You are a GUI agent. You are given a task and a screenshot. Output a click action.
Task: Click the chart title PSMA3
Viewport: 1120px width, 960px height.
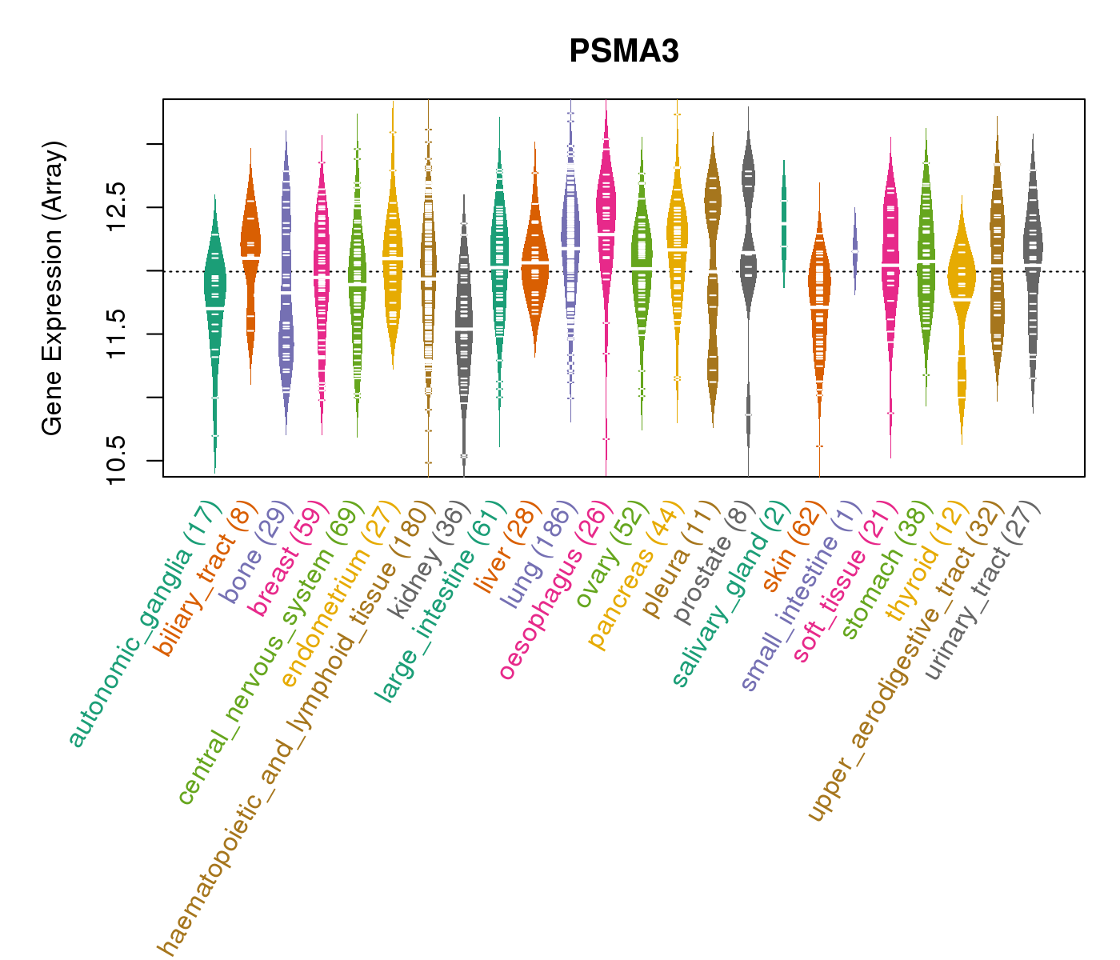[x=624, y=52]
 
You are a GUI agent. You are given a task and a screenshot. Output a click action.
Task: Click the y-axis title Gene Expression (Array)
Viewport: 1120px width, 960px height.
[x=53, y=289]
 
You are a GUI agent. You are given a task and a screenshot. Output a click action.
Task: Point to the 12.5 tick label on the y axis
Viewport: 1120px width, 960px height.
[x=117, y=207]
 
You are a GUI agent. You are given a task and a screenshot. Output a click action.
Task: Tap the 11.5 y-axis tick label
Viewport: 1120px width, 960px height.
[x=117, y=334]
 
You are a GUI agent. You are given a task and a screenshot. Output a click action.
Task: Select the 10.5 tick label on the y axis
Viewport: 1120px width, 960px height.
[x=117, y=460]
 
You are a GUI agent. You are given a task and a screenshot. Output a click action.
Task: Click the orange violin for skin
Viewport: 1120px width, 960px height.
[x=819, y=304]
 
